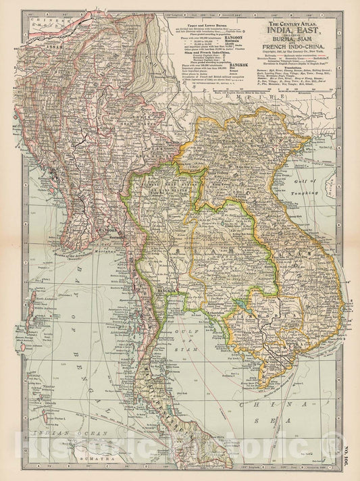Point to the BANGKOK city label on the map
(x=165, y=272)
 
